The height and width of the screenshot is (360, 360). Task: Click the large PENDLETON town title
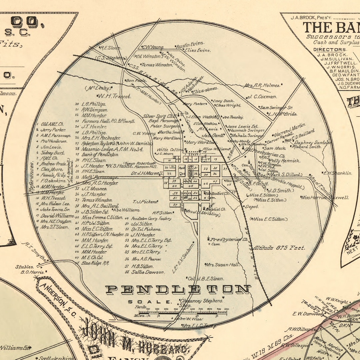pos(178,289)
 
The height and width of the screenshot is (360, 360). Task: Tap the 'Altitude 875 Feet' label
pos(279,248)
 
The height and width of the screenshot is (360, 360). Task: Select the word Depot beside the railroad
pos(252,207)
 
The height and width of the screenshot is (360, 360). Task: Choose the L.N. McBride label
pos(284,114)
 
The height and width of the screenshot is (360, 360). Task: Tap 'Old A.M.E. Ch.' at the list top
pos(52,124)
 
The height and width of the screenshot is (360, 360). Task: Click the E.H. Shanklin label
pos(337,173)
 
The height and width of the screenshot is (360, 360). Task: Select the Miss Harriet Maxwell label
pos(325,198)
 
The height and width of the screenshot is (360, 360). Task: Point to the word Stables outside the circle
pos(24,267)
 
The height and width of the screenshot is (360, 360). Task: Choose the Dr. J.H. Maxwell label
pos(147,173)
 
